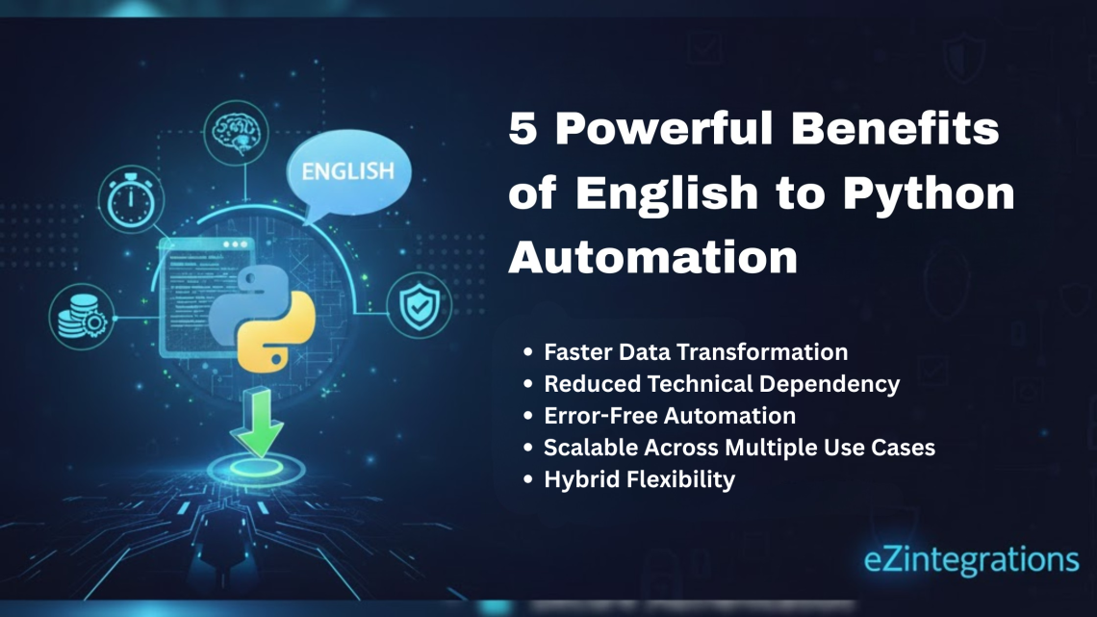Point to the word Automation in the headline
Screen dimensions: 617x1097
[x=653, y=257]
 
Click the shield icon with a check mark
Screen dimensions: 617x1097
[x=419, y=308]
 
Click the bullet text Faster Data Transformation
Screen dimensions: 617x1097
[x=695, y=352]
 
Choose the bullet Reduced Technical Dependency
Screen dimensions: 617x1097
[x=722, y=384]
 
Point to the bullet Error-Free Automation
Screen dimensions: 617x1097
[x=669, y=416]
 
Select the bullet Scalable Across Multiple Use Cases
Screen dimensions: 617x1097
[x=739, y=448]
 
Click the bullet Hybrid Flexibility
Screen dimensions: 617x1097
[x=639, y=479]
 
